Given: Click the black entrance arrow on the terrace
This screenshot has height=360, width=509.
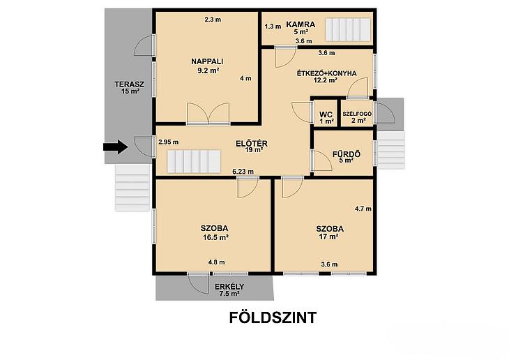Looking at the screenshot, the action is pyautogui.click(x=115, y=147).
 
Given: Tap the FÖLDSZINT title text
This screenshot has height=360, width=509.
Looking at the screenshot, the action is pyautogui.click(x=273, y=317).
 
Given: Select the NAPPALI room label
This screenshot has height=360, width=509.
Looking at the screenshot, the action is pyautogui.click(x=207, y=61).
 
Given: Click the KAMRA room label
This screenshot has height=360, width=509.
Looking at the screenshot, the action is pyautogui.click(x=301, y=24).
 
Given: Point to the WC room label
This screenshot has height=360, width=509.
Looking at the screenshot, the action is pyautogui.click(x=326, y=114).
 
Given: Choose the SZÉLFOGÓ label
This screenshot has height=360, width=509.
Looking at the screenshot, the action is pyautogui.click(x=357, y=114).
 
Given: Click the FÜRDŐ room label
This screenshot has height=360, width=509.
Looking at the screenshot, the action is pyautogui.click(x=347, y=154).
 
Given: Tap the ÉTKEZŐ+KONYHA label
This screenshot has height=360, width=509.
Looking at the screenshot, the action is pyautogui.click(x=326, y=73).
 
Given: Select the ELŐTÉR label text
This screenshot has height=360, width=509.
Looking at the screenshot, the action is pyautogui.click(x=252, y=143).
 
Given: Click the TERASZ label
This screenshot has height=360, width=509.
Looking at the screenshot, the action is pyautogui.click(x=130, y=84).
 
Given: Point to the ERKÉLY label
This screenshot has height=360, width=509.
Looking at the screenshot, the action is pyautogui.click(x=229, y=287).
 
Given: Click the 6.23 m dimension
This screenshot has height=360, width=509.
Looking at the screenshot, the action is pyautogui.click(x=243, y=172).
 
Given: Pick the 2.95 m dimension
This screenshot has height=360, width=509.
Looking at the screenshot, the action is pyautogui.click(x=169, y=142).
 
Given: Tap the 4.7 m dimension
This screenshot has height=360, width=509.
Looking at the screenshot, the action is pyautogui.click(x=363, y=209).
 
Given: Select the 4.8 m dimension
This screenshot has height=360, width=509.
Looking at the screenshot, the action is pyautogui.click(x=217, y=262).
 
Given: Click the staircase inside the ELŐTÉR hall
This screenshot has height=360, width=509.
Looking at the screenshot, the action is pyautogui.click(x=194, y=161).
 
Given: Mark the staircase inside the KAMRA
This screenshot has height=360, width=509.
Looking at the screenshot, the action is pyautogui.click(x=349, y=29).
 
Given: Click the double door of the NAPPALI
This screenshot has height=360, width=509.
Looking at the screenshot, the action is pyautogui.click(x=208, y=114).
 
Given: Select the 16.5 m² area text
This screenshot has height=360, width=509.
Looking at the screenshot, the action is pyautogui.click(x=215, y=237).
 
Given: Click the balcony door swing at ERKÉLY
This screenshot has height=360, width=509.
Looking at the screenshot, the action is pyautogui.click(x=199, y=283).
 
